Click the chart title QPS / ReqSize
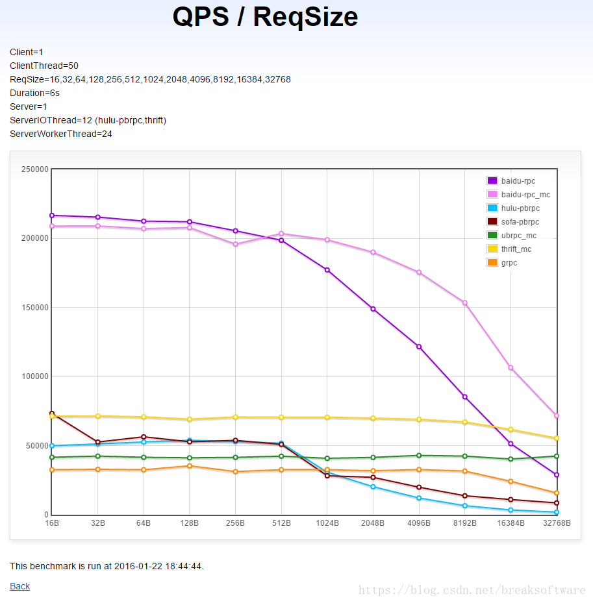[x=265, y=18]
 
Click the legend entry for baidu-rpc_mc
[x=525, y=195]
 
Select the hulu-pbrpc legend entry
[x=520, y=208]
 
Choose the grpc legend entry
[x=509, y=263]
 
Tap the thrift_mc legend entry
[x=516, y=249]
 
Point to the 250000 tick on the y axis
[x=35, y=169]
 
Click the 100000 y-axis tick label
[x=35, y=377]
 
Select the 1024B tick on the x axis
[x=327, y=523]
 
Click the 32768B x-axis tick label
[x=556, y=523]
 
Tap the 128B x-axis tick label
[x=190, y=523]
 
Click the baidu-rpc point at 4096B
[x=419, y=347]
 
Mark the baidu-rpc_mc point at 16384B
[x=511, y=368]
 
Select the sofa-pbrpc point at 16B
[x=52, y=413]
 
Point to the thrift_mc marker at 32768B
[x=557, y=438]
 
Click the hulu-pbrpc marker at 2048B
[x=373, y=487]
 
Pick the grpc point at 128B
[x=190, y=466]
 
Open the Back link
[x=19, y=586]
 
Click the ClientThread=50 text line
[x=44, y=66]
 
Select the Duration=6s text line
[x=34, y=93]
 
